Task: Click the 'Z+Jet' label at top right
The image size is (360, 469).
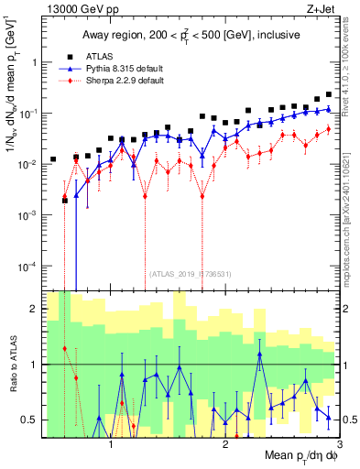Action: (x=334, y=8)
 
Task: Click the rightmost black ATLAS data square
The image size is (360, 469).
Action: (x=329, y=94)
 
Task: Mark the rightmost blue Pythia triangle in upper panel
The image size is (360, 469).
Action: (x=329, y=109)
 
